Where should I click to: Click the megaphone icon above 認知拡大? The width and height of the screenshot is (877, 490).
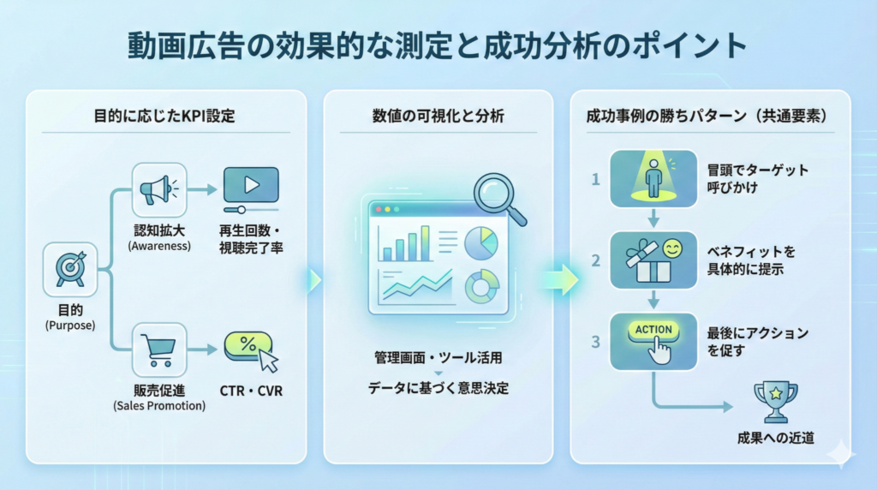(159, 189)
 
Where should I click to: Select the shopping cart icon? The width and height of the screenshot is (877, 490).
(159, 350)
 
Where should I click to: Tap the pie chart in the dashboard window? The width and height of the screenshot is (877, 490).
(480, 242)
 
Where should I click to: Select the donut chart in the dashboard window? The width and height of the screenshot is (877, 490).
(480, 287)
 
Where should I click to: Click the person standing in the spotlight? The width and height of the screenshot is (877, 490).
(653, 178)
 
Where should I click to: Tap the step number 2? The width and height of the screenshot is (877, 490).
(595, 260)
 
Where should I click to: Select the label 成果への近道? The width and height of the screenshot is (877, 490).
(775, 438)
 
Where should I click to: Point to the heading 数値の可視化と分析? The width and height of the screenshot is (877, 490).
(438, 115)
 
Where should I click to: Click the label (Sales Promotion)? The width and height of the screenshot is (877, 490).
(159, 406)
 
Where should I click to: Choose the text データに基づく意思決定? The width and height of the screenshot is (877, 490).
(438, 388)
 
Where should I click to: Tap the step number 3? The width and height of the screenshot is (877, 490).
(595, 342)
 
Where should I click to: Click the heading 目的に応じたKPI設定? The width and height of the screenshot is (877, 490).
(164, 115)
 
